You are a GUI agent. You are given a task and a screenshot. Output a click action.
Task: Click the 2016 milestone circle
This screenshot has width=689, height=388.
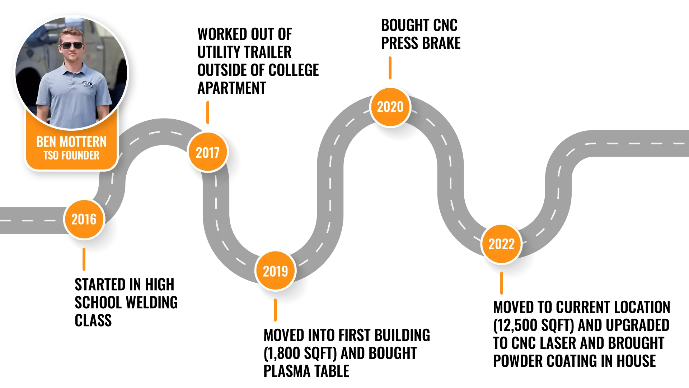pyautogui.click(x=84, y=219)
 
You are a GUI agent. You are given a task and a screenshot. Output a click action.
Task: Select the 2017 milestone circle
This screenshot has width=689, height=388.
pyautogui.click(x=208, y=152)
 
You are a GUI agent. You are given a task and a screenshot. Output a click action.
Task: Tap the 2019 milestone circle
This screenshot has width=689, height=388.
pyautogui.click(x=275, y=271)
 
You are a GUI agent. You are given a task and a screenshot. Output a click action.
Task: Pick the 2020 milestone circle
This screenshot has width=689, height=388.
pyautogui.click(x=390, y=107)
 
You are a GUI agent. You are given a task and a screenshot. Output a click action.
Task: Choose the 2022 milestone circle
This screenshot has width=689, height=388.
pyautogui.click(x=501, y=244)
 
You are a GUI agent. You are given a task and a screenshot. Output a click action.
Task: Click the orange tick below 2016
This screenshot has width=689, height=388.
pyautogui.click(x=84, y=260)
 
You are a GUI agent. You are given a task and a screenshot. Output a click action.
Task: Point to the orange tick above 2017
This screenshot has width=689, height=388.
pyautogui.click(x=207, y=112)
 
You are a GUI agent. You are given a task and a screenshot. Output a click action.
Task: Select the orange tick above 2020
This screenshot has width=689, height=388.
pyautogui.click(x=390, y=68)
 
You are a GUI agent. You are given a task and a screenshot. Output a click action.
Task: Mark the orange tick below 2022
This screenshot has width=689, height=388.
pyautogui.click(x=502, y=284)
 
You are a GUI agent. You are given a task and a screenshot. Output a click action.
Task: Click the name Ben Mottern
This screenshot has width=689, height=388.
pyautogui.click(x=71, y=142)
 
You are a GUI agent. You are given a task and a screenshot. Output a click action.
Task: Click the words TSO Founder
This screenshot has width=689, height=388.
pyautogui.click(x=71, y=155)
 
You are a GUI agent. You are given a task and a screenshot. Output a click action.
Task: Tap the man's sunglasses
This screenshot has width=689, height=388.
pyautogui.click(x=72, y=46)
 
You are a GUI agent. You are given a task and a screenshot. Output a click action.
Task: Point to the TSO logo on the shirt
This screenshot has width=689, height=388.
pyautogui.click(x=88, y=84)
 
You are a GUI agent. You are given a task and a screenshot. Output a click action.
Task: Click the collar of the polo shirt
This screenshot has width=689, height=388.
pyautogui.click(x=72, y=68)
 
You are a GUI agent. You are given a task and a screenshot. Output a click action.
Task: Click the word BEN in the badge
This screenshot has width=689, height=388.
pyautogui.click(x=46, y=142)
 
